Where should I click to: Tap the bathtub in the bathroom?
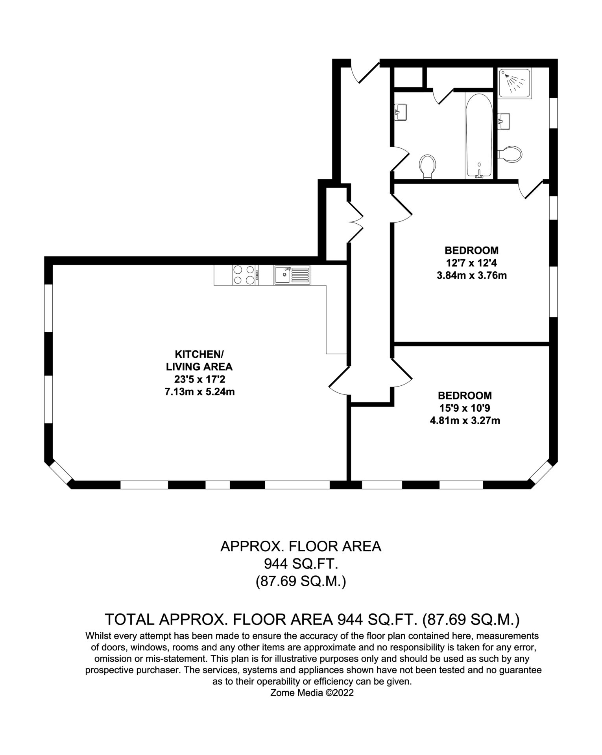pos(478,136)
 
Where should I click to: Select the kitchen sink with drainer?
pos(292,275)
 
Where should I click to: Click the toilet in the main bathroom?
pos(428,167)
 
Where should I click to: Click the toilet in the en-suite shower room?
pos(510,153)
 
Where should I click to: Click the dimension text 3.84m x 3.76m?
pos(472,275)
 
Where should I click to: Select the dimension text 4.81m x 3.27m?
pos(465,421)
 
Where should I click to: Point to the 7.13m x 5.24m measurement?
pos(200,392)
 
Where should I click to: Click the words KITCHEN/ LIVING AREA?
pos(199,360)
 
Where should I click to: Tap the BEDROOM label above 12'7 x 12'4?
pos(472,250)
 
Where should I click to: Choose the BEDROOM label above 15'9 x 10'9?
pos(465,395)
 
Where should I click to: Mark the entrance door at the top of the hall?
pos(365,71)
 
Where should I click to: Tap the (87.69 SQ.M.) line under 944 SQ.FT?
pos(301,581)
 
